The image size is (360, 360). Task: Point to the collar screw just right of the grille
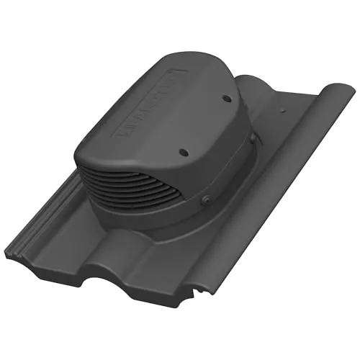(x=207, y=199)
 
